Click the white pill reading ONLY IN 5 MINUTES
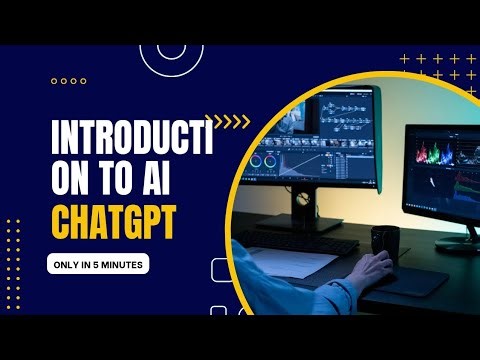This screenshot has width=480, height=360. [97, 265]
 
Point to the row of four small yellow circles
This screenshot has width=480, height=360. [68, 81]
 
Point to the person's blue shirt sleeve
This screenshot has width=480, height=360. [275, 290]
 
